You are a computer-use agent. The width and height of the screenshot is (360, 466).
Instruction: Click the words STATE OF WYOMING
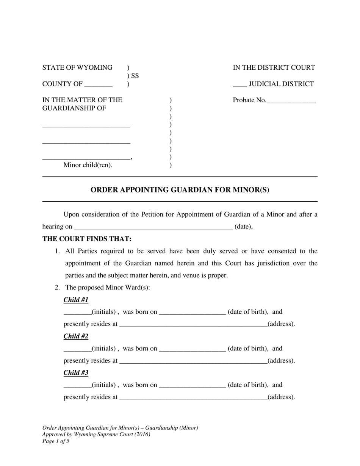[77, 67]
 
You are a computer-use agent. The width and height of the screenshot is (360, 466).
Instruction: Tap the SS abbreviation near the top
[135, 76]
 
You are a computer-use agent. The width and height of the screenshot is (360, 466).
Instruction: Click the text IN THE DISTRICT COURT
[274, 67]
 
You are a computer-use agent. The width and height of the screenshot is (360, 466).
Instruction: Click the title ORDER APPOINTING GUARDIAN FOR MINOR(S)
[180, 190]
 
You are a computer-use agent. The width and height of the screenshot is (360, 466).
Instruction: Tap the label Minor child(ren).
[88, 165]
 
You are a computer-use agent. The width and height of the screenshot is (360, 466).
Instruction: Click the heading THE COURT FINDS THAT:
[87, 239]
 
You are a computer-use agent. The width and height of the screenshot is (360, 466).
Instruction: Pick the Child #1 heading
[76, 300]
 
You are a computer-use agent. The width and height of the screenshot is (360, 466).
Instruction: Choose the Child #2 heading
[76, 336]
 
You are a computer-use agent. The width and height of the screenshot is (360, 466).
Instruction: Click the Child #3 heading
[76, 372]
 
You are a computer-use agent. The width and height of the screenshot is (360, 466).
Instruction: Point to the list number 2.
[57, 288]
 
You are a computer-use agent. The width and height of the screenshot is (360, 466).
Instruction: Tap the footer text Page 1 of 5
[56, 441]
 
